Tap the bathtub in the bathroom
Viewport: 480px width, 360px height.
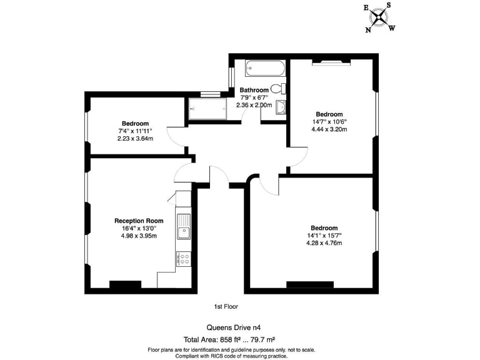tap(265, 67)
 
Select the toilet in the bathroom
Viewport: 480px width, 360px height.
tap(281, 88)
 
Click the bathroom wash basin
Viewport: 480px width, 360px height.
tap(281, 107)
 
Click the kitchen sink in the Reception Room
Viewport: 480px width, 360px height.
tap(184, 227)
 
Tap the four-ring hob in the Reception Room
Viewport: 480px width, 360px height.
tap(184, 259)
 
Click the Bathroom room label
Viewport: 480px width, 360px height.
tap(254, 91)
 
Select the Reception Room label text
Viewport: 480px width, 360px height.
tap(139, 221)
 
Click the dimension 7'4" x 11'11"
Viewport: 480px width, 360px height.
tap(135, 131)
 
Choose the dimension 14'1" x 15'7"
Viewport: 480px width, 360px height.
tap(324, 236)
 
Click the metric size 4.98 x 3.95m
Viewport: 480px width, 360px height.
tap(139, 236)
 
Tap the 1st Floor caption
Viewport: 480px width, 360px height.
tap(226, 307)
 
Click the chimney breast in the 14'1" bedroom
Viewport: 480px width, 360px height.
tap(311, 285)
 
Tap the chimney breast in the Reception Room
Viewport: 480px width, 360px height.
tap(125, 285)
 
